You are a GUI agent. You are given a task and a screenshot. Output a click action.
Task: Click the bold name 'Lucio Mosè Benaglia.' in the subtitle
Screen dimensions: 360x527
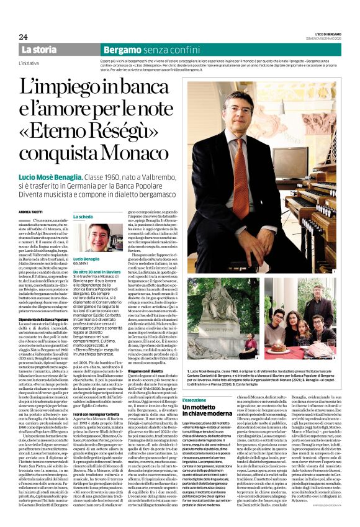pos(56,177)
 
